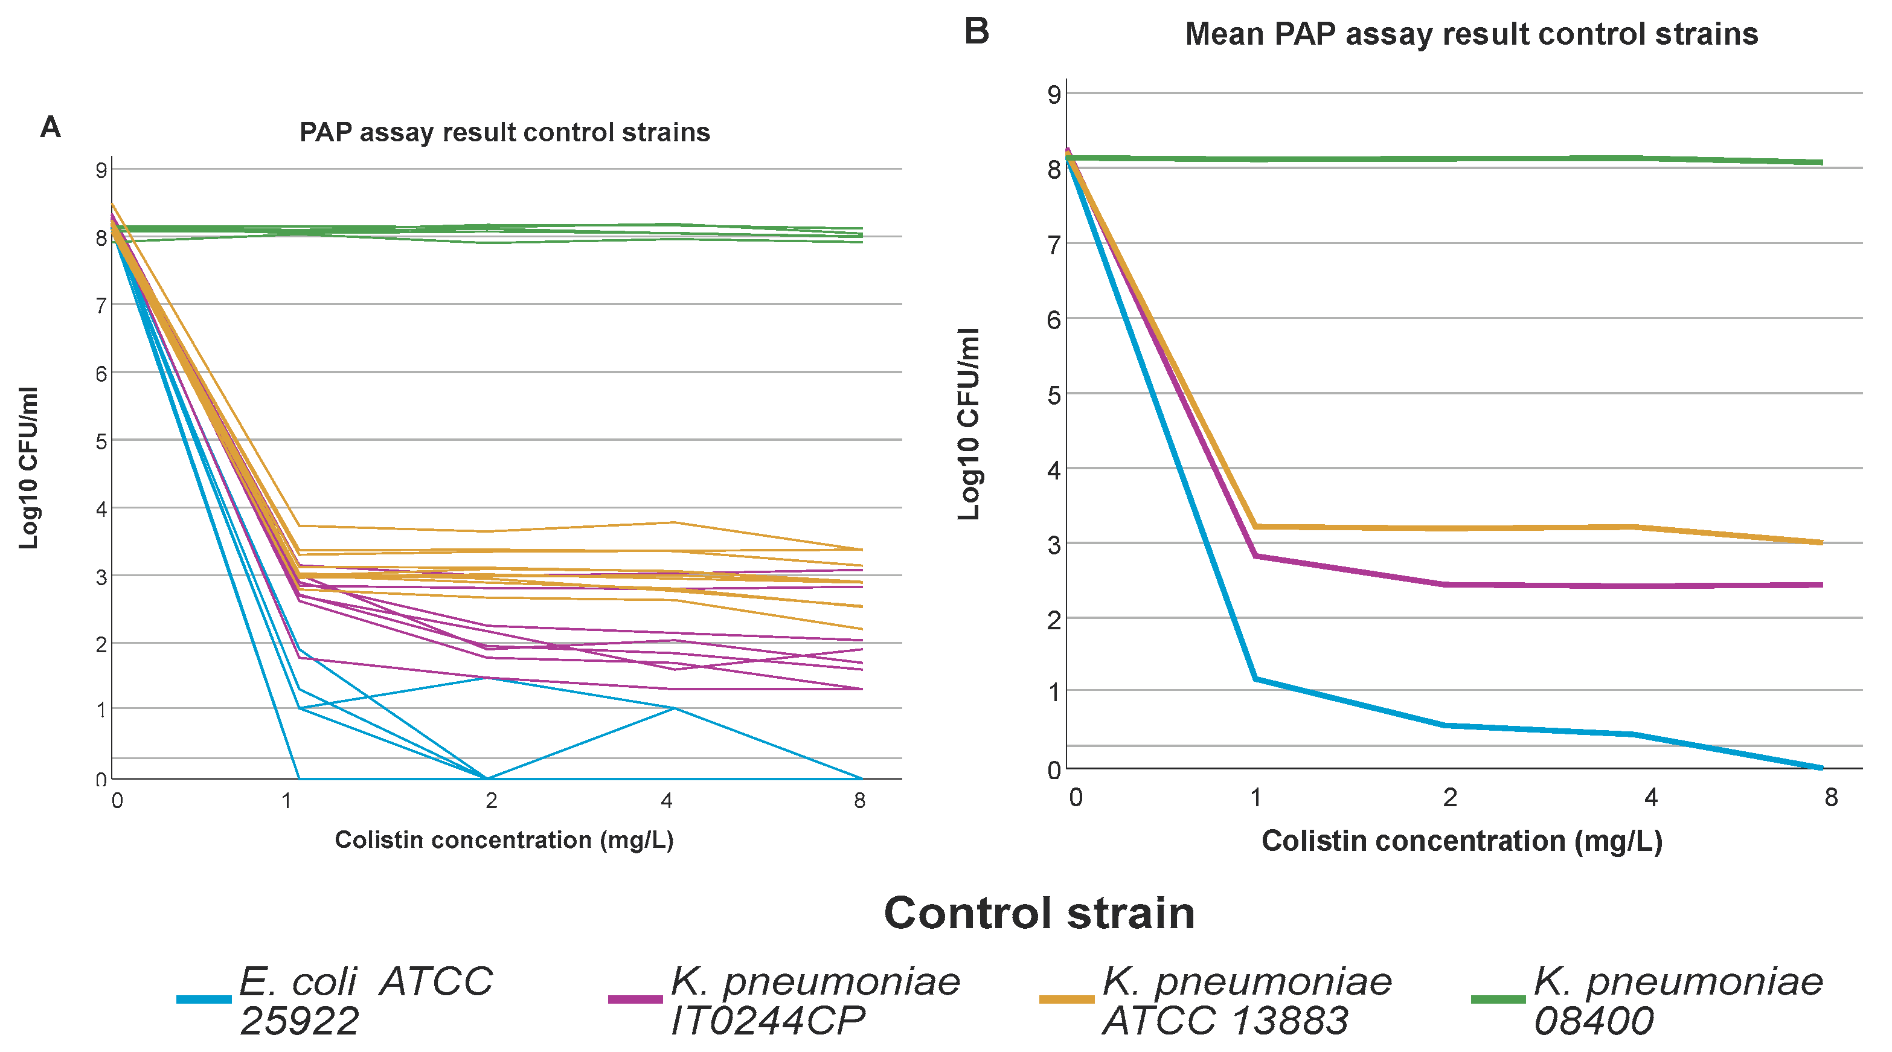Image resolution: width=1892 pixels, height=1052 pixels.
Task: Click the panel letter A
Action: click(50, 127)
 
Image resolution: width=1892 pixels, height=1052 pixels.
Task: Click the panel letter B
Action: click(976, 31)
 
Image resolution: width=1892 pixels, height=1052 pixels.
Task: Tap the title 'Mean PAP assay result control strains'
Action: click(1471, 34)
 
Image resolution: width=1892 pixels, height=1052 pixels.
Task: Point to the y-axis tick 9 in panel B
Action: click(1054, 94)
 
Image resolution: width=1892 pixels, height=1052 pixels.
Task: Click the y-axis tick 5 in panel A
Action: click(101, 441)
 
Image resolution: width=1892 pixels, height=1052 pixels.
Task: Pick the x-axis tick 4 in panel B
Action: click(1650, 797)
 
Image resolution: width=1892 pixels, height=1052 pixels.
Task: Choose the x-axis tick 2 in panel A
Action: click(490, 800)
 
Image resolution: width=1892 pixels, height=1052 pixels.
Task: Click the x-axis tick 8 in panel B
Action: click(1831, 797)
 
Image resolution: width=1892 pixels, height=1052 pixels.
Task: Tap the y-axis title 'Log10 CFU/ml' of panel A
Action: click(28, 467)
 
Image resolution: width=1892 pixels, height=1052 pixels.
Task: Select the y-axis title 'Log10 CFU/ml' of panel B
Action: click(968, 424)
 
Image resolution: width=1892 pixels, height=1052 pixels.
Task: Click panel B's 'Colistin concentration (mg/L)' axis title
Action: click(1461, 841)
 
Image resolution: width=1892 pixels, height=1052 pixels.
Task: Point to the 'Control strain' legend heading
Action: click(1039, 913)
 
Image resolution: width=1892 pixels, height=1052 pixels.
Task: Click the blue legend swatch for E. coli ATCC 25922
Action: click(204, 999)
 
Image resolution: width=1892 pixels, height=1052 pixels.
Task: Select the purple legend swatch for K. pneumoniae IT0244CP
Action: click(635, 999)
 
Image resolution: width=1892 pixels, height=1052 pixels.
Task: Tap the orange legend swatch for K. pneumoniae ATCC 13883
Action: click(1066, 999)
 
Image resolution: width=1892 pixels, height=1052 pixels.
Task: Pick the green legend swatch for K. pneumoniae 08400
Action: click(1498, 999)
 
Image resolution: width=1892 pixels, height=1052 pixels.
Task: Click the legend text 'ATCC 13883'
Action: click(1225, 1021)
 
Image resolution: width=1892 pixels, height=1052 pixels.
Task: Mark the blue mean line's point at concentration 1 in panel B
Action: click(1256, 679)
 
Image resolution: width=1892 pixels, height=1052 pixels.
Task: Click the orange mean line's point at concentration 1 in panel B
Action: click(1256, 526)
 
